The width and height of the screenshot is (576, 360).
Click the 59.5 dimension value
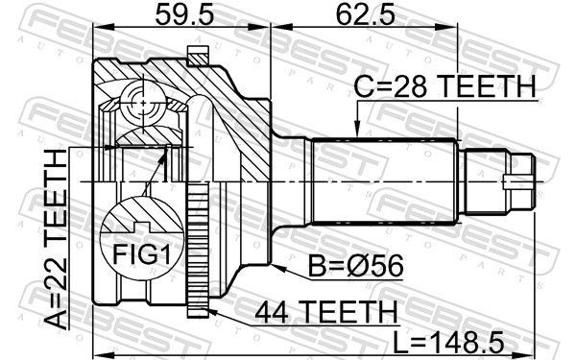pyautogui.click(x=184, y=14)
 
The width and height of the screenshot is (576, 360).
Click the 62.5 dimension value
pyautogui.click(x=366, y=14)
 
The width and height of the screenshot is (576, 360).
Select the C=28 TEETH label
pyautogui.click(x=444, y=86)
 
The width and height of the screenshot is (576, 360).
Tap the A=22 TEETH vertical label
pyautogui.click(x=57, y=239)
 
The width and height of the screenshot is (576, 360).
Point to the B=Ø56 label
pyautogui.click(x=355, y=266)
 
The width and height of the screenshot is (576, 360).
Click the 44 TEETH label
pyautogui.click(x=326, y=311)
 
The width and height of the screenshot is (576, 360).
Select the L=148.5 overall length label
pyautogui.click(x=449, y=341)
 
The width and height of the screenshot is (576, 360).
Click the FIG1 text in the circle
pyautogui.click(x=142, y=254)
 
